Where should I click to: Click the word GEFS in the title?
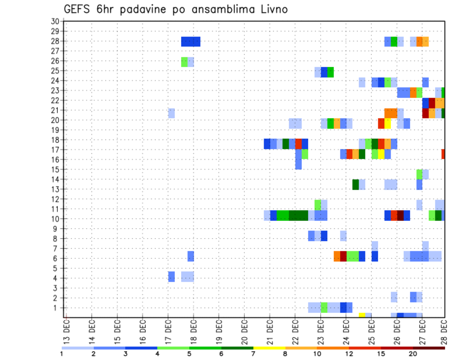(80, 9)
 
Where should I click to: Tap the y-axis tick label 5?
(56, 268)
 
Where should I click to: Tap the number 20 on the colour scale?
(413, 353)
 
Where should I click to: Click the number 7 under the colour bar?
(253, 353)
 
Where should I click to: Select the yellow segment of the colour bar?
(269, 347)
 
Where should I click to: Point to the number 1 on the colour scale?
(62, 353)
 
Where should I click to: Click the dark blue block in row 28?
(191, 42)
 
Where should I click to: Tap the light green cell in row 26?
(184, 62)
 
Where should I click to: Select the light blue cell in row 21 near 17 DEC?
(171, 113)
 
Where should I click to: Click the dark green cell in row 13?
(356, 184)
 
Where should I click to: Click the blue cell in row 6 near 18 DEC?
(191, 256)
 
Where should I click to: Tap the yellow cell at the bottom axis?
(362, 315)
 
